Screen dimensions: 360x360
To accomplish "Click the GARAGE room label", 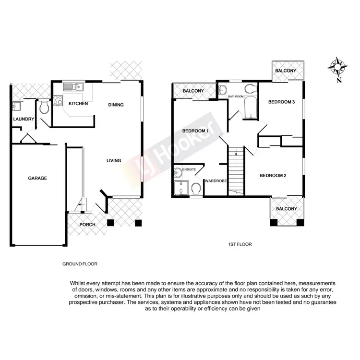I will tap(37, 178).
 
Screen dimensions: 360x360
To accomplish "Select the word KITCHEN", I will tap(78, 104).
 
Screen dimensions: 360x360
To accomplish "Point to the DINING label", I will tap(116, 105).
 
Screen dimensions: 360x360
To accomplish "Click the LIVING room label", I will tap(114, 160).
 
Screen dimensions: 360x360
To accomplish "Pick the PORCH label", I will tap(87, 225).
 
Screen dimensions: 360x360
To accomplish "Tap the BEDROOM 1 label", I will tap(195, 131).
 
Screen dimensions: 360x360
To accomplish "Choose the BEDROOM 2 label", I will tap(273, 176).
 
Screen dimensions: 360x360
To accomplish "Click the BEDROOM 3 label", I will tap(281, 102).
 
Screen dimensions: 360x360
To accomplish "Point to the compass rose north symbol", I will tap(339, 67).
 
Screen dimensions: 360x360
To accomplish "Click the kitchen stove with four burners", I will tap(58, 101).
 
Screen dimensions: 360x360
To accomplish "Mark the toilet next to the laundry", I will tap(44, 108).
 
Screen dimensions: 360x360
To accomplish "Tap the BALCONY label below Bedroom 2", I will tap(287, 209).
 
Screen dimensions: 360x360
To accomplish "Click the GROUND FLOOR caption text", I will tap(80, 264).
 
